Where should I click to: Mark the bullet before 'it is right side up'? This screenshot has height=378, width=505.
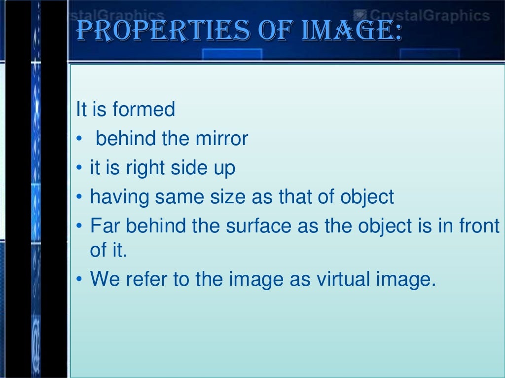79,169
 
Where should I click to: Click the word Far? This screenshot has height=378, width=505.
104,226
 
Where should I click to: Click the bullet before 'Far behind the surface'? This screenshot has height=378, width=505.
79,227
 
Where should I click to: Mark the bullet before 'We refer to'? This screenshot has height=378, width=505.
79,280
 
